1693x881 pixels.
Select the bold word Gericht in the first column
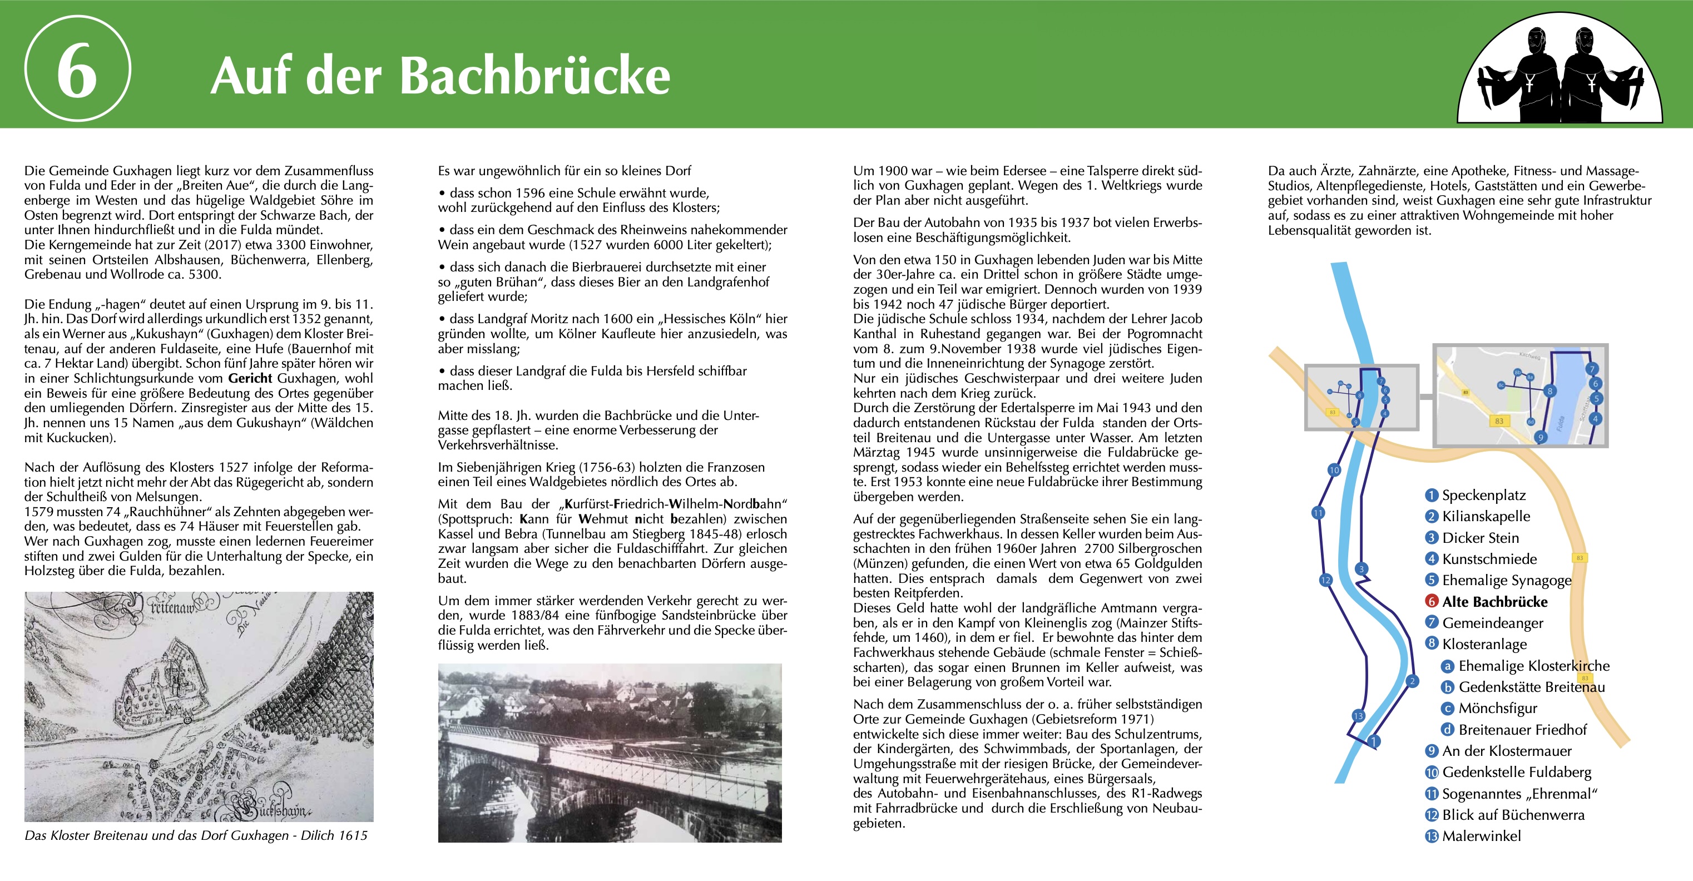(250, 379)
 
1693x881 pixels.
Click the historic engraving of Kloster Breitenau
(199, 707)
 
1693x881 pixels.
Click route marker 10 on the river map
(1334, 470)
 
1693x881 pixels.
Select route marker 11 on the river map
(1318, 513)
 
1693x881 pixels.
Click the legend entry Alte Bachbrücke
(1494, 602)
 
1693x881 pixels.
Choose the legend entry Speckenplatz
(1483, 495)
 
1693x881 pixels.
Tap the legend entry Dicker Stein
(1480, 538)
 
